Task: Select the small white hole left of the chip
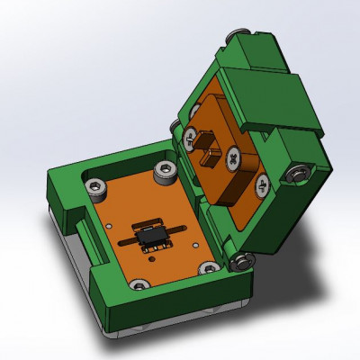[x=109, y=227]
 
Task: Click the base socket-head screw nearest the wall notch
[x=94, y=187]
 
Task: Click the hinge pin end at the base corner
[x=241, y=262]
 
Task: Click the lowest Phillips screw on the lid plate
[x=262, y=188]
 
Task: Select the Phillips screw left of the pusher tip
[x=191, y=138]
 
